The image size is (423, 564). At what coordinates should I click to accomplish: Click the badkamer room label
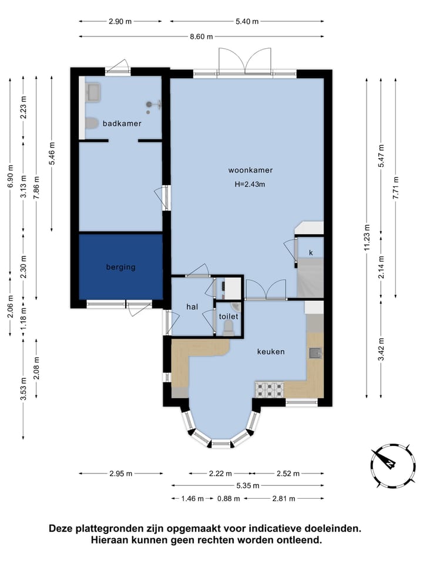click(122, 123)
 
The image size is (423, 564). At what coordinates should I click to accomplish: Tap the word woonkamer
click(250, 170)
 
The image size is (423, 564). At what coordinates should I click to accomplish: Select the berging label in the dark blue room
click(121, 267)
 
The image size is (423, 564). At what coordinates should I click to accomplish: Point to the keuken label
click(271, 351)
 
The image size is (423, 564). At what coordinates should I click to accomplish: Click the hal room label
click(192, 307)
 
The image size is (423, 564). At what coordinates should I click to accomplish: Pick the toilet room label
click(229, 316)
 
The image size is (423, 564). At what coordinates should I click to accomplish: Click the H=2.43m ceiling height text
click(250, 184)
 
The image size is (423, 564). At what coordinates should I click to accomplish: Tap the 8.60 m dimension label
click(202, 36)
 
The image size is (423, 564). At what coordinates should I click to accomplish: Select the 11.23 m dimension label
click(367, 238)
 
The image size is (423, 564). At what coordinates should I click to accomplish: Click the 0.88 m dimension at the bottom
click(229, 499)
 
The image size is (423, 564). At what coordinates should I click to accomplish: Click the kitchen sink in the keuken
click(315, 353)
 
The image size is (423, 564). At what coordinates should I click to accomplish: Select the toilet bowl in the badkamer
click(92, 123)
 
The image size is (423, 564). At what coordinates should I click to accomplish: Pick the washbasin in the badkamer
click(93, 92)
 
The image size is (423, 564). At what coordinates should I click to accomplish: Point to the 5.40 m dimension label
click(247, 21)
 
